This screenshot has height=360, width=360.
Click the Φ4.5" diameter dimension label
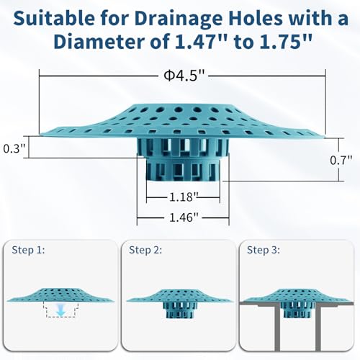tap(184, 76)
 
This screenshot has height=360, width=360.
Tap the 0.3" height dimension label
tap(14, 148)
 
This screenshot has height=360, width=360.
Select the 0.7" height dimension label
tap(341, 160)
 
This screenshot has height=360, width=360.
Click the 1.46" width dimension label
tap(184, 217)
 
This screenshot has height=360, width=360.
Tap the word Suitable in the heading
tap(54, 19)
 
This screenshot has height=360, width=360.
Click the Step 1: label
tap(28, 250)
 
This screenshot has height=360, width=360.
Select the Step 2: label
tap(145, 250)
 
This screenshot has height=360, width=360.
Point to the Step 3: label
tap(264, 250)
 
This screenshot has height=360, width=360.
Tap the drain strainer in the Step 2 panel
tap(179, 303)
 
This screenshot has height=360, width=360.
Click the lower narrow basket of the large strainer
tap(184, 169)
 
